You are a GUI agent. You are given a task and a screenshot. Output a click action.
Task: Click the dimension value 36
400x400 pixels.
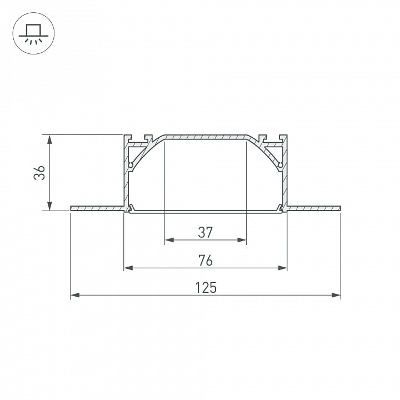[x=39, y=173]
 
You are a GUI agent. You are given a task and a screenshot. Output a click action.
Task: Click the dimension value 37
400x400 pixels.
[x=206, y=232]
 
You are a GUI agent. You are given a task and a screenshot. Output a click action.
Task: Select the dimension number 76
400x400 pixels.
[x=206, y=261]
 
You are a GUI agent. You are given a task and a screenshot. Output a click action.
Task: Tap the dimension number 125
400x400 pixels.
[x=206, y=288]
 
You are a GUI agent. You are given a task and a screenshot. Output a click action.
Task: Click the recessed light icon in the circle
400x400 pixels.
[x=33, y=34]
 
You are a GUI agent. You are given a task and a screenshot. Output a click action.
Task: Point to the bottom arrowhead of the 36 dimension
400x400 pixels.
[x=49, y=206]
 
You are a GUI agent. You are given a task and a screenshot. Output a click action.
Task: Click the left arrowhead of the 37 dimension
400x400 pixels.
[x=169, y=240]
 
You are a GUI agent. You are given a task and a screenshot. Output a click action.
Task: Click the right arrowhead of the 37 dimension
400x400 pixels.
[x=242, y=240]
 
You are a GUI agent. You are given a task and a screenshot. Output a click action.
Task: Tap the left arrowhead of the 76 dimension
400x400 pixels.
[x=128, y=268]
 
